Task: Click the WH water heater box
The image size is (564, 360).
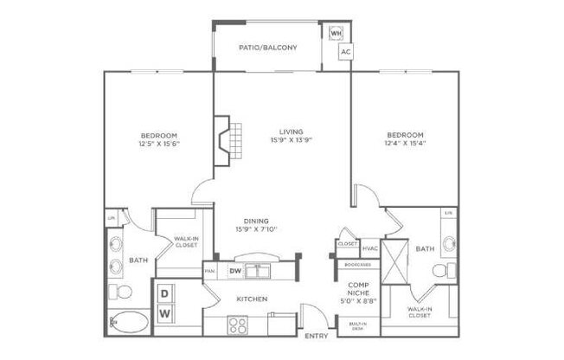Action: (336, 33)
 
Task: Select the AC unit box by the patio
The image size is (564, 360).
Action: (345, 52)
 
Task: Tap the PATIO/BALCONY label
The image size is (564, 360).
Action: (268, 48)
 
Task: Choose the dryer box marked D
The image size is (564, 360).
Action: (164, 293)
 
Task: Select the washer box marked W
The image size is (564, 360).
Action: (164, 312)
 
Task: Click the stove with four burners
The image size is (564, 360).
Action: (237, 325)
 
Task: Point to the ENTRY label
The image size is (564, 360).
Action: (316, 336)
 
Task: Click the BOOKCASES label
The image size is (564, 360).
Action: (357, 266)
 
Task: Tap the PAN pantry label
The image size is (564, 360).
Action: (210, 271)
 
